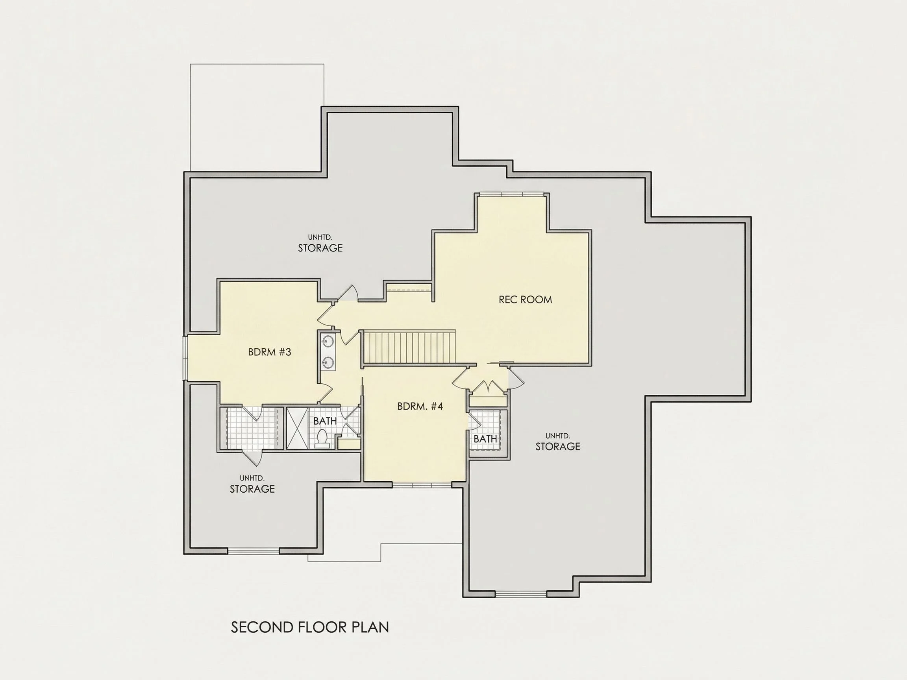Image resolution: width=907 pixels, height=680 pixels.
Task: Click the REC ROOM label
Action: point(525,299)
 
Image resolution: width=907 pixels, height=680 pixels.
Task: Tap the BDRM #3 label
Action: point(269,352)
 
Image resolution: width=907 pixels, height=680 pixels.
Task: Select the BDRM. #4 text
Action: point(420,407)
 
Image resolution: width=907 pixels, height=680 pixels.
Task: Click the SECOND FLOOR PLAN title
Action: point(310,628)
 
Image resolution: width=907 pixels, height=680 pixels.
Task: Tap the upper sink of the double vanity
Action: point(328,340)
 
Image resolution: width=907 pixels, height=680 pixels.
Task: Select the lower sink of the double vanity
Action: point(328,362)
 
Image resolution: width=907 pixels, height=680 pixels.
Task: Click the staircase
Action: point(410,347)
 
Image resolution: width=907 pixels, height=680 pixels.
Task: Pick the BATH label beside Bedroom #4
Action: point(485,439)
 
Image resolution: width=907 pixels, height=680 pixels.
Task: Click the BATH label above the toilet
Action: point(325,421)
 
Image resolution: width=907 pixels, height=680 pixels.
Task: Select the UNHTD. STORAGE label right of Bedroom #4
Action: point(558,442)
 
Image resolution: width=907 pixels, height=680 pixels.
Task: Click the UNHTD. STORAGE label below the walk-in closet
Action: point(252,484)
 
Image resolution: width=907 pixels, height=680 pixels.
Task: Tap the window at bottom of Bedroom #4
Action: point(422,485)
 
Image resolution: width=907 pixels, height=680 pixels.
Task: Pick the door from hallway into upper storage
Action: point(348,292)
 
